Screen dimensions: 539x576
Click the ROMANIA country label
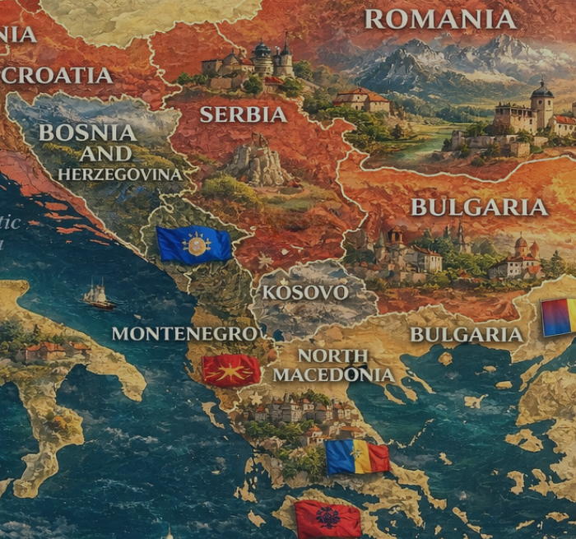(440, 19)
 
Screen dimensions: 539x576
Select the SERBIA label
(244, 114)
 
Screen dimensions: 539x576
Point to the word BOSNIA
(87, 132)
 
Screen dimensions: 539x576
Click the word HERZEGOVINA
(120, 174)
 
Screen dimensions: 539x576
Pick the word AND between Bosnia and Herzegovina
(105, 154)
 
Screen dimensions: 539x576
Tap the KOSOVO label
(304, 292)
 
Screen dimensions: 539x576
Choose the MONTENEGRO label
(184, 333)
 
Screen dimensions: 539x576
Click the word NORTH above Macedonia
(332, 355)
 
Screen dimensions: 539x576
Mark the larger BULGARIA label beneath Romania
(479, 207)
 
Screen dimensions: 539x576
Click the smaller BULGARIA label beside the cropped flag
(467, 334)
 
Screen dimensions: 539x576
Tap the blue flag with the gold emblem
(194, 244)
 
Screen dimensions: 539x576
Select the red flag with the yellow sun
(231, 370)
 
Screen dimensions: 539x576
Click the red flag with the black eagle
(327, 518)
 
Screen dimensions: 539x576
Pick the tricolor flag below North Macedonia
(356, 457)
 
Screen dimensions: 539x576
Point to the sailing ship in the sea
(97, 295)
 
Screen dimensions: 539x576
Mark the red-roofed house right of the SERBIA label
(362, 100)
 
